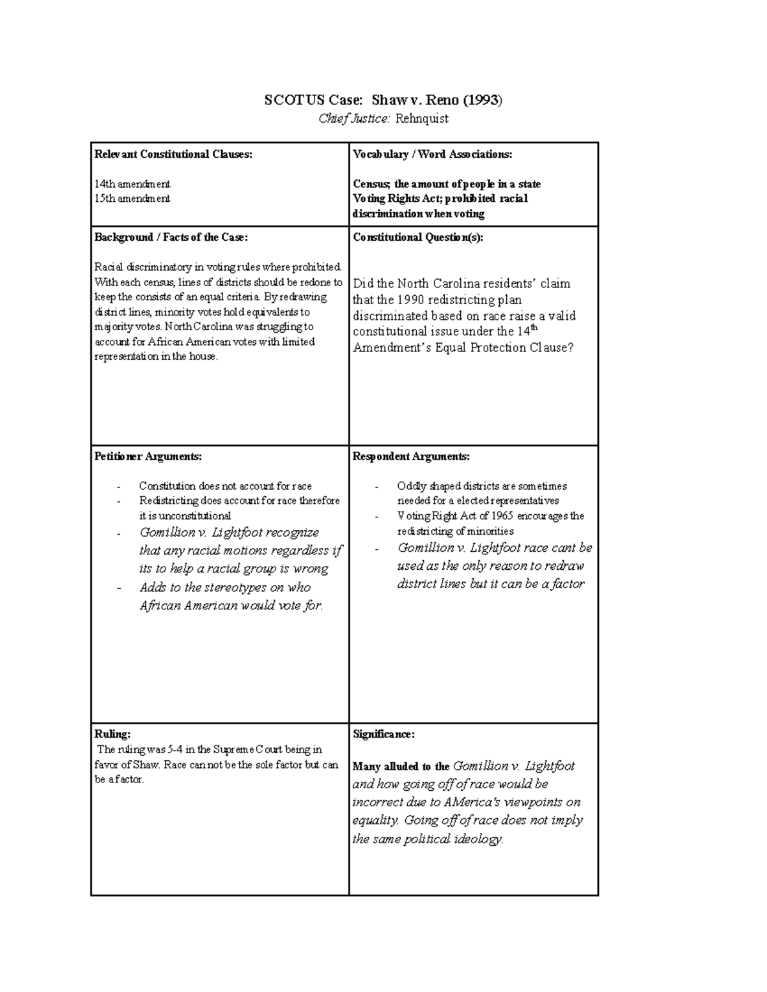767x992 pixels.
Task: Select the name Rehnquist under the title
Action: [422, 118]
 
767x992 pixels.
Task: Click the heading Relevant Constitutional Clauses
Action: [173, 154]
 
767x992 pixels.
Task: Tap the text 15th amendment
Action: [132, 199]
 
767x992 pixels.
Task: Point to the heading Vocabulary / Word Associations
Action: [432, 154]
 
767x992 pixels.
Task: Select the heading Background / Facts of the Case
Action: [171, 237]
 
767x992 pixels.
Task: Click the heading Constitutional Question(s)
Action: [418, 237]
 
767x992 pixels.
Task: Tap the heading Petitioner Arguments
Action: [148, 457]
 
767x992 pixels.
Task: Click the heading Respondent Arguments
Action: [411, 457]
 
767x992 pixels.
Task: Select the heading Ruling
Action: [112, 735]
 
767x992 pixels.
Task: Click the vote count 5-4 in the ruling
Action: [166, 749]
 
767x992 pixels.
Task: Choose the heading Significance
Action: [383, 735]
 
